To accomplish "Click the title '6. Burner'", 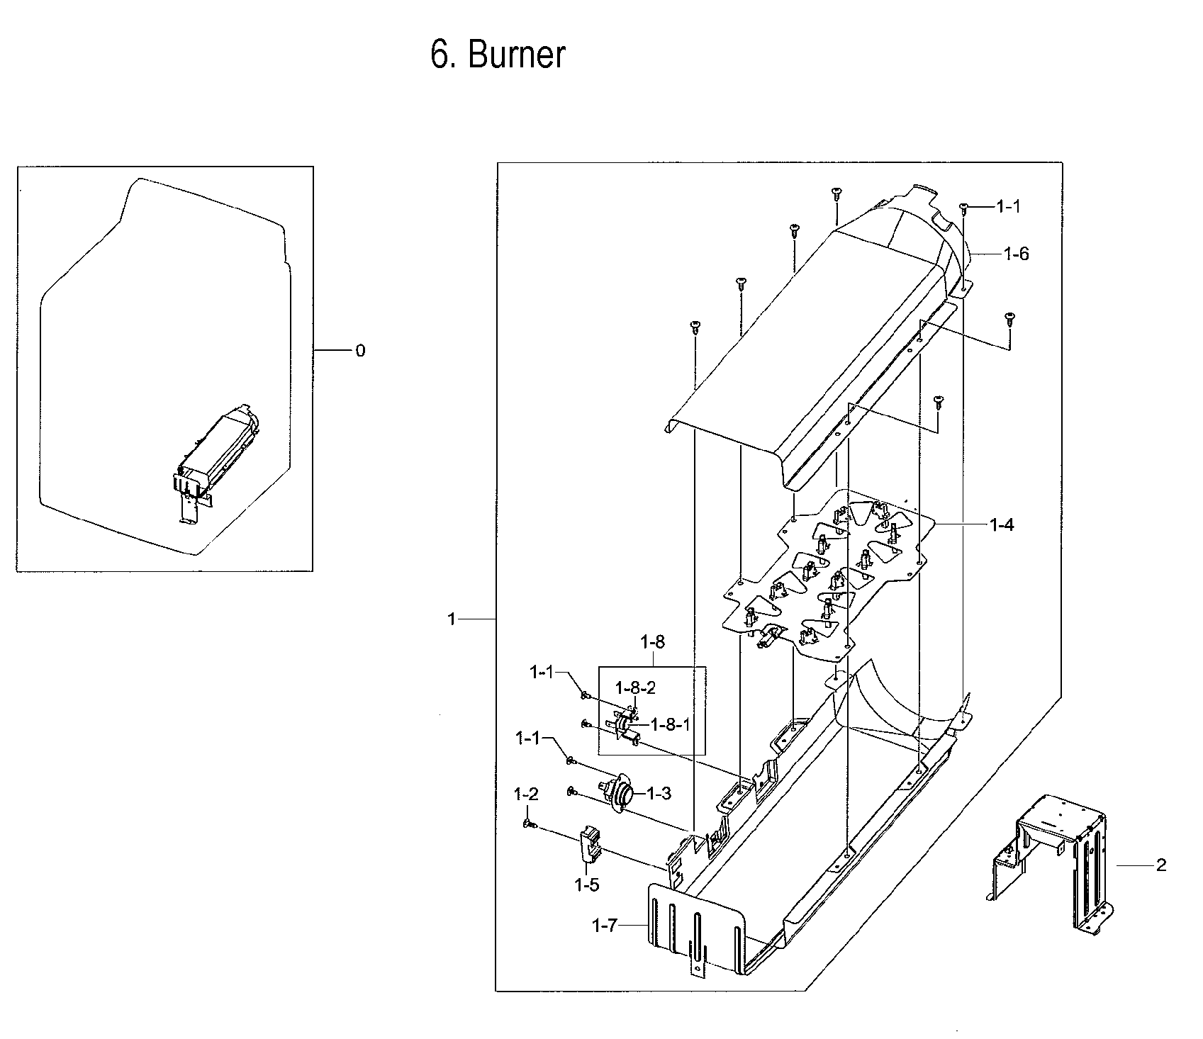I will pos(498,55).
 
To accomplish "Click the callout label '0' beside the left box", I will pos(360,351).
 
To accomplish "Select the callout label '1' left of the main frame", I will pos(451,619).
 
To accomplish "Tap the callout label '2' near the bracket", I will pos(1161,865).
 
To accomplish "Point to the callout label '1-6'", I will pos(1016,254).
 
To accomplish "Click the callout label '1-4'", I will pos(1001,525).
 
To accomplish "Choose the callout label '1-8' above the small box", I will pos(652,643).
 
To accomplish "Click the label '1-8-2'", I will pos(635,687).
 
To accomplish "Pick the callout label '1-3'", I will pos(658,794).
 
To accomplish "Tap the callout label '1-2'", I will pos(526,794).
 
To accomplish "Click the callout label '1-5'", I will pos(587,884).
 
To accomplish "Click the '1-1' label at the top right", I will pos(1008,206).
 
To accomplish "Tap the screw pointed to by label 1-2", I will pos(529,824).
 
